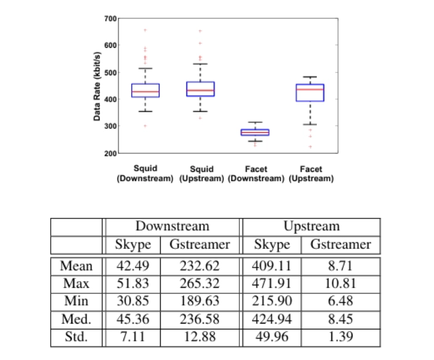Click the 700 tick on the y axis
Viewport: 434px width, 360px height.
tap(109, 19)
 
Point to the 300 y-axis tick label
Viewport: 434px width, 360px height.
tap(109, 127)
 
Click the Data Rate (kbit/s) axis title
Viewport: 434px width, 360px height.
tap(96, 86)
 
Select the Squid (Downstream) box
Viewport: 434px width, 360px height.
tap(146, 90)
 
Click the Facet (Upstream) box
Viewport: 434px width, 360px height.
tap(310, 93)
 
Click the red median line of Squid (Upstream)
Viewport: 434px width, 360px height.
tap(201, 91)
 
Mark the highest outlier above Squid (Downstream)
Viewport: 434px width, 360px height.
tap(145, 30)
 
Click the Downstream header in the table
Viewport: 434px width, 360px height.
tap(172, 226)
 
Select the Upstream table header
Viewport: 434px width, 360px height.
tap(311, 226)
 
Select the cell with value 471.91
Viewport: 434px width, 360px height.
tap(272, 282)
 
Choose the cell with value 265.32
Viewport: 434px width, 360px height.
tap(199, 282)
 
